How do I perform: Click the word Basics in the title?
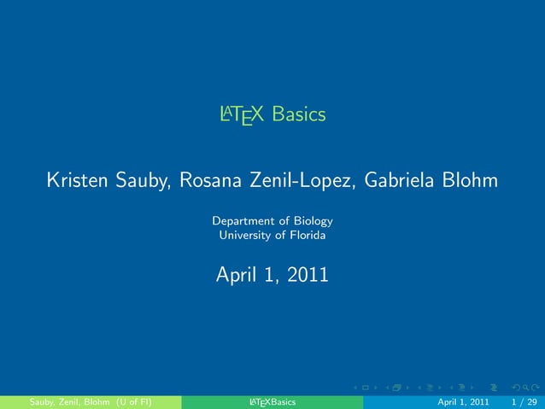point(300,114)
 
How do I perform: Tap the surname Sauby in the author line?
point(146,181)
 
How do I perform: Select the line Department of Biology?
point(272,220)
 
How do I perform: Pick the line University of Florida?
point(272,235)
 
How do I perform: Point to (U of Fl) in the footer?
point(135,401)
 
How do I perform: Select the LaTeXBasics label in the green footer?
point(272,401)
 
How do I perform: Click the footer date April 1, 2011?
point(463,401)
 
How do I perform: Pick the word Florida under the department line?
point(306,235)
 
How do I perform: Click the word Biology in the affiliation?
point(313,220)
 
